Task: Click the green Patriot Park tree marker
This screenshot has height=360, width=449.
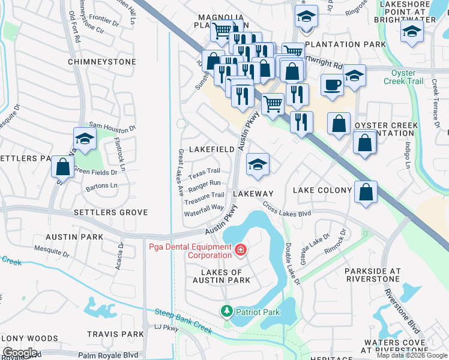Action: (x=226, y=311)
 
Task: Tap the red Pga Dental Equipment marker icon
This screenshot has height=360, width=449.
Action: (x=241, y=249)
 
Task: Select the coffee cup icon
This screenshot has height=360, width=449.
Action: (x=331, y=85)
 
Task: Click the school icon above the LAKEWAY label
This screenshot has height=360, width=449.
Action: (x=258, y=164)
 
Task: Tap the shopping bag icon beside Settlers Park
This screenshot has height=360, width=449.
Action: (x=62, y=166)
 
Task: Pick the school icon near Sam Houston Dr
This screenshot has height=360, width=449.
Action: (x=85, y=139)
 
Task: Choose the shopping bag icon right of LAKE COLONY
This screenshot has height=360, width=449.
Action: (x=366, y=191)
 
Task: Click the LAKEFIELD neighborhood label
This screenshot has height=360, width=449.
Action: (x=212, y=149)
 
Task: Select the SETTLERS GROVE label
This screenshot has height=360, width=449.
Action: (x=110, y=212)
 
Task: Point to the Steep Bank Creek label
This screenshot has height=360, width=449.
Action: (x=184, y=321)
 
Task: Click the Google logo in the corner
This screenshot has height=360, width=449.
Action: (x=20, y=353)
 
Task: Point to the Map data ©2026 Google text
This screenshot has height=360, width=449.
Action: (x=412, y=355)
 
